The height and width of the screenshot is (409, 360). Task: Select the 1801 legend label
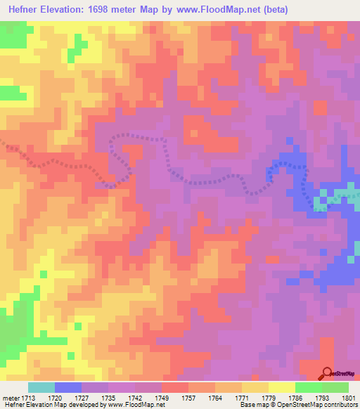point(349,397)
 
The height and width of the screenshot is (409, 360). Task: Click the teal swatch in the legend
point(41,387)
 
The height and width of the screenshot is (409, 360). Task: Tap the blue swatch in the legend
point(68,387)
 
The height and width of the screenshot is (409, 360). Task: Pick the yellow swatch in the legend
point(282,387)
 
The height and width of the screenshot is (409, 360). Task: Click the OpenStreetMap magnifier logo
point(326,374)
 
